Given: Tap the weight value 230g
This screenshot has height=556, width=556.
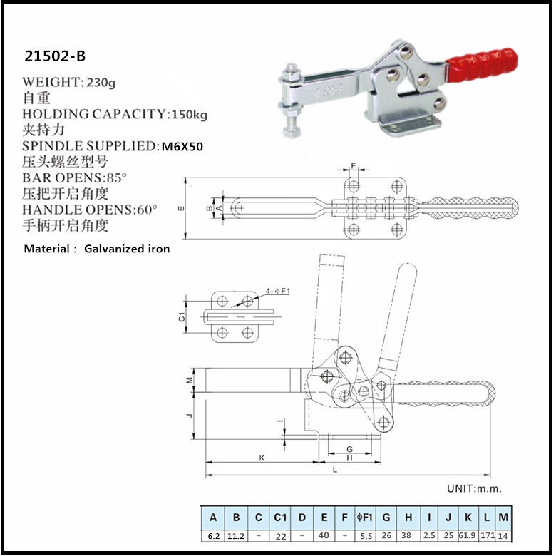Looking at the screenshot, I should pos(101,82).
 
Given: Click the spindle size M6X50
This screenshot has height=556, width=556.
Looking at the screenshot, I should pos(182,146).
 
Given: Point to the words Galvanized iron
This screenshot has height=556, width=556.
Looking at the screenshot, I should pos(127,249).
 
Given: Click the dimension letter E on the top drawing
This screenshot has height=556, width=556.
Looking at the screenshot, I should pos(182,208).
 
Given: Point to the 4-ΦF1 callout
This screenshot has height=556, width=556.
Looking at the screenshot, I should pos(277,291).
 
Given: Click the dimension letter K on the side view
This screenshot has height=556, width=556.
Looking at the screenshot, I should pos(262,459).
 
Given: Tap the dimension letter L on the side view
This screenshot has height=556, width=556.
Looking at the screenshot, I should pos(335,470).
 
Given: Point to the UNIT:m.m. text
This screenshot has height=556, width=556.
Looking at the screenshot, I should pos(474,488).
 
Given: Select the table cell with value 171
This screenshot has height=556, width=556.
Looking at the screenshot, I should pos(486,535).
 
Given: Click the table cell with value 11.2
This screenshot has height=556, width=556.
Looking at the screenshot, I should pos(236,535).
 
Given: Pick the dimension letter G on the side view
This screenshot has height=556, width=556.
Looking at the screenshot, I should pos(349,448).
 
